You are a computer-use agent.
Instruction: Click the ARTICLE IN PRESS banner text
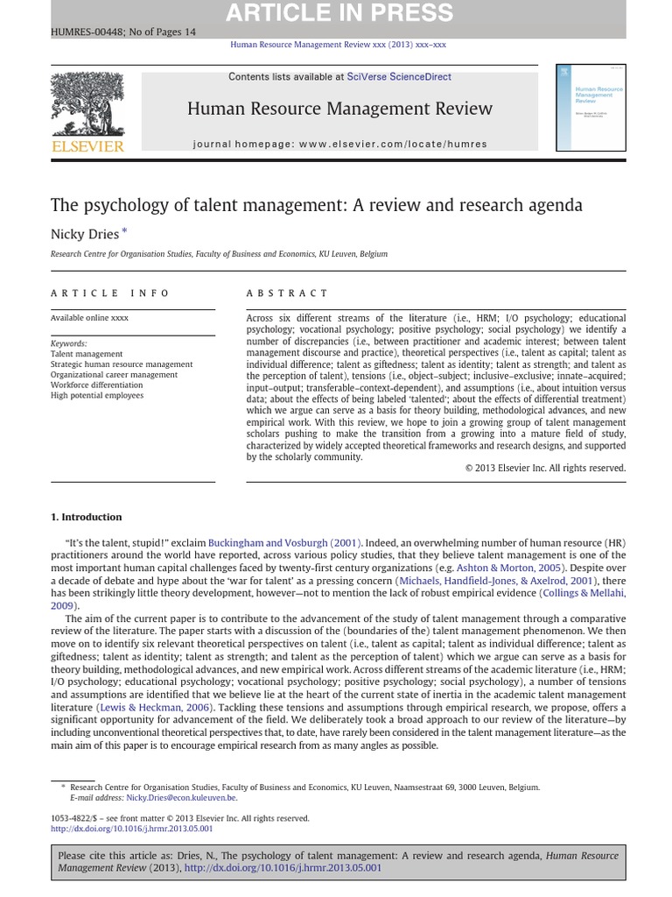[339, 13]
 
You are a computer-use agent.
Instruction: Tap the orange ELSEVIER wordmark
[87, 146]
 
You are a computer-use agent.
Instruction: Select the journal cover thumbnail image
[590, 107]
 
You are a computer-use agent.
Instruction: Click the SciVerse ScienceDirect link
[399, 77]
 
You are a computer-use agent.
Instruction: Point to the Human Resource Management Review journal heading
[339, 109]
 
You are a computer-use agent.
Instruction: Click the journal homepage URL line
[339, 144]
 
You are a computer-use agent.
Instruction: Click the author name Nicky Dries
[85, 234]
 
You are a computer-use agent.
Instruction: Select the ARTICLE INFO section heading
[110, 293]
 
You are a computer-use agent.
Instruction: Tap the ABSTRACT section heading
[287, 293]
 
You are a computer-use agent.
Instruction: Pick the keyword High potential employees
[97, 395]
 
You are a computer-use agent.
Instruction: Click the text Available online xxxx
[89, 318]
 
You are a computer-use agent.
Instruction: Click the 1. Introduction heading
[87, 517]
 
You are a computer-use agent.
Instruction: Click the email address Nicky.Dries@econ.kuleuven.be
[181, 798]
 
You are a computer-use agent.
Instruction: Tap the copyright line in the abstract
[545, 469]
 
